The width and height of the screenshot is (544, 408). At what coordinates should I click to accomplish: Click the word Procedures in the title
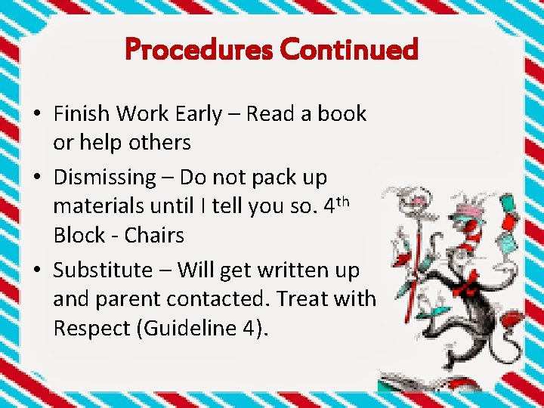point(199,50)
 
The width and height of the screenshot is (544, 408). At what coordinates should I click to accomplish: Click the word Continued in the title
point(348,50)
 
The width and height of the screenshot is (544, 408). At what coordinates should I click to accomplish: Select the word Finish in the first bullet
point(81,114)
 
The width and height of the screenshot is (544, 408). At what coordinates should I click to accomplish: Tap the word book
point(342,114)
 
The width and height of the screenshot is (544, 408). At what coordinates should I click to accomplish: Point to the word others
point(160,142)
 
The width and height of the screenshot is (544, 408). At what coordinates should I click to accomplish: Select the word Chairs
point(154,235)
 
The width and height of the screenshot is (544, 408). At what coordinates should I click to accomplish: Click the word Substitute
point(101,270)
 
